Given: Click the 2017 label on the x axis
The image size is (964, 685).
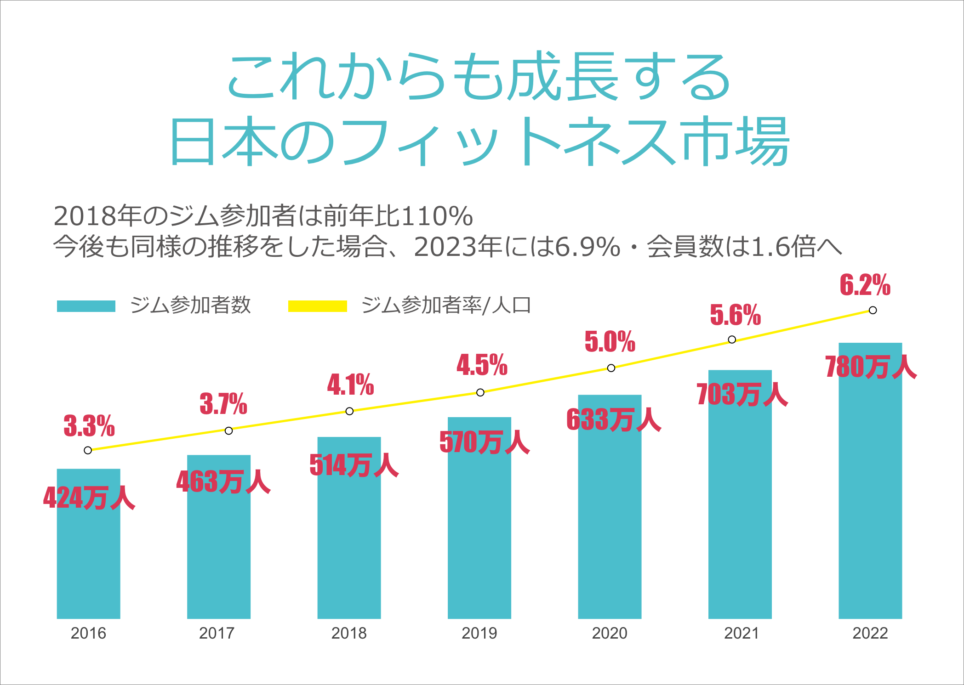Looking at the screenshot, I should coord(217,633).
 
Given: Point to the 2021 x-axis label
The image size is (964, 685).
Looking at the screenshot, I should coord(741,633).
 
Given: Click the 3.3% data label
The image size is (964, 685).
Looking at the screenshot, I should coord(89,426).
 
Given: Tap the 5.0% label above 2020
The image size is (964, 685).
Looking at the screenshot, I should coord(610,342).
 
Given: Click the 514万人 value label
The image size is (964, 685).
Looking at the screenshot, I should coord(354,465).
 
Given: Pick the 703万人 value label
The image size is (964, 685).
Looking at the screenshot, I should coord(742,395).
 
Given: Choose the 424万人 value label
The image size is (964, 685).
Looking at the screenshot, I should coord(89,498).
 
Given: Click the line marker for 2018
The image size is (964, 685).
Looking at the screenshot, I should coord(349,411).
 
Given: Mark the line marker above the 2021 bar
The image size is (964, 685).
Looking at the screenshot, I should coord(732,340).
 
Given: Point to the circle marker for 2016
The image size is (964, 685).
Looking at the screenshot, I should coord(88,450).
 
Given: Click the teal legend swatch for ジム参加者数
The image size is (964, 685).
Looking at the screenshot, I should coord(86,306).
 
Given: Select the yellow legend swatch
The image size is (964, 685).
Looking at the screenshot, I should coord(317,306).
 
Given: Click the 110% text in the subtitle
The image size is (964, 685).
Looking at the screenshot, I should coord(437,216).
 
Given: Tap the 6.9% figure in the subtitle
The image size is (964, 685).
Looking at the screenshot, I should coord(588,247).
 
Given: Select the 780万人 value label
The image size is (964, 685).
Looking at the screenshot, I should coord(871,367).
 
